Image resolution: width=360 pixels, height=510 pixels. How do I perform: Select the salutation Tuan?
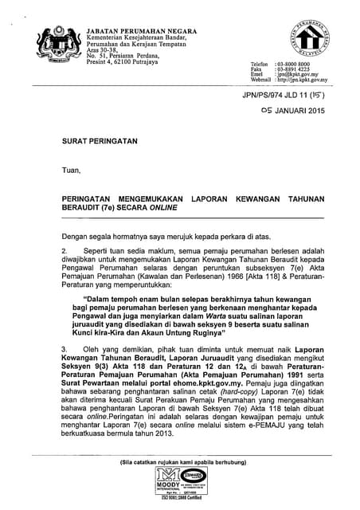tap(72, 169)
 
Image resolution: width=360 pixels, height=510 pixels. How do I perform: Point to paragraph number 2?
tap(65, 249)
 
